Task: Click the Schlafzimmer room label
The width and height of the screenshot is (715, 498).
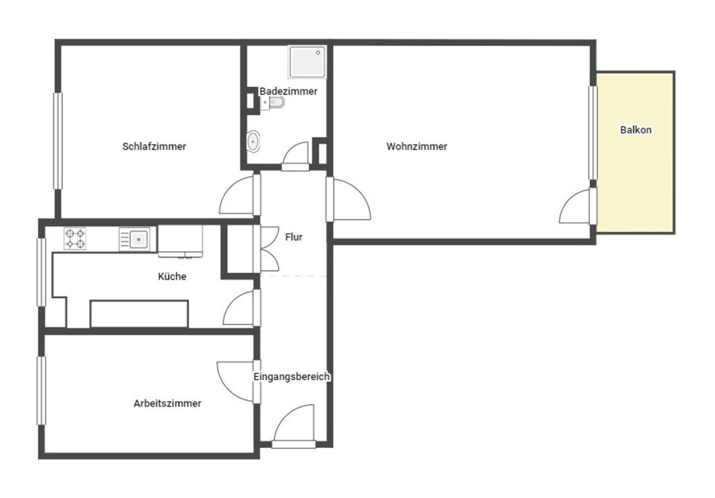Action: [x=154, y=146]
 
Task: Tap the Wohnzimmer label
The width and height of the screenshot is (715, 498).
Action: [x=417, y=146]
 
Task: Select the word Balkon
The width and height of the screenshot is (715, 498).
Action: [x=635, y=130]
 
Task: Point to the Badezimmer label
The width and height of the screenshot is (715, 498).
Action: [x=288, y=91]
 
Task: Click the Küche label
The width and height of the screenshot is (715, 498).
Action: [x=172, y=276]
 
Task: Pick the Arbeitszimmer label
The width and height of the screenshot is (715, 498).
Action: [x=167, y=403]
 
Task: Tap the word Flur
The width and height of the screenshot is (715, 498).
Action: [x=294, y=237]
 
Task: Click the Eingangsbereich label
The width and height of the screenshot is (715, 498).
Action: [x=292, y=377]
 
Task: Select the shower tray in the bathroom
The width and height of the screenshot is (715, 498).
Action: [x=307, y=61]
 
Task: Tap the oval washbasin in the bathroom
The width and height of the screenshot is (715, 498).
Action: [x=253, y=141]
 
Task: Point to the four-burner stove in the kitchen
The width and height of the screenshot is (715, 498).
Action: [x=75, y=239]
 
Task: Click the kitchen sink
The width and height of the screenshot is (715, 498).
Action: [x=138, y=239]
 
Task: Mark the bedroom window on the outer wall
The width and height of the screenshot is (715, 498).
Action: [x=58, y=141]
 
